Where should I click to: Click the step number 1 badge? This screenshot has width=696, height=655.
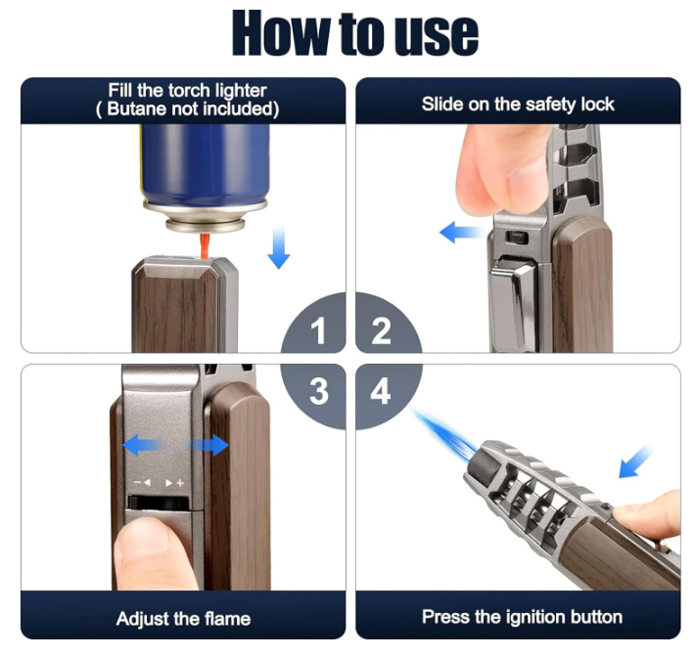tap(317, 330)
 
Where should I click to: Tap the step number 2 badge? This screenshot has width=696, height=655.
tap(382, 330)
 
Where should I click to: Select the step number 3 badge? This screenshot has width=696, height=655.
tap(318, 392)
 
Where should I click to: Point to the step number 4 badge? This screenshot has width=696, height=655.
tap(381, 392)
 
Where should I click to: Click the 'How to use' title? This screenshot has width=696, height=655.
tap(355, 33)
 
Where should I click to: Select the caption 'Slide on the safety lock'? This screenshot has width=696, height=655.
tap(518, 105)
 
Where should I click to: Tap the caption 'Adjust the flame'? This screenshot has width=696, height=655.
tap(183, 618)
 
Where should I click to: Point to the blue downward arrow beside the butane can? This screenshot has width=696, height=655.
tap(279, 246)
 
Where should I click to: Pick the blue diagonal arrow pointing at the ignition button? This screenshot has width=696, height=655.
tap(635, 462)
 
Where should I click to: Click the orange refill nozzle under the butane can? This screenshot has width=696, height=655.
tap(205, 245)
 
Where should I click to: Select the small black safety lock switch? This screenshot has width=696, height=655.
tap(517, 238)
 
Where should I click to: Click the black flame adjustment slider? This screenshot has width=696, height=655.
tap(159, 502)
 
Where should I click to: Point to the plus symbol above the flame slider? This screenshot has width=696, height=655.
tap(180, 483)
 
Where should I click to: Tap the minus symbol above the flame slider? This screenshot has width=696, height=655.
tap(138, 482)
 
